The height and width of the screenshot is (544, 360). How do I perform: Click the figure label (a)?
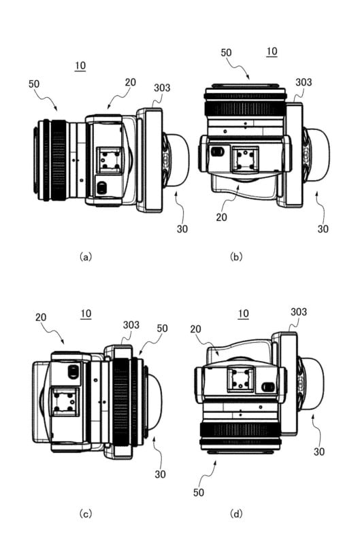click(x=85, y=257)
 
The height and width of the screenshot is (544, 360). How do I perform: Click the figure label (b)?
click(x=236, y=257)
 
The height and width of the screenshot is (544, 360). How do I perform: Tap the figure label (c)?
click(x=85, y=513)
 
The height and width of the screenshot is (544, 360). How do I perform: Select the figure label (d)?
click(x=236, y=513)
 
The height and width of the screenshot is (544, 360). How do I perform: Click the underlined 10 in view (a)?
click(x=80, y=66)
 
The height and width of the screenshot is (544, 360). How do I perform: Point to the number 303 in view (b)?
click(x=304, y=82)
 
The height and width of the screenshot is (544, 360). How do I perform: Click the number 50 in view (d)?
click(x=199, y=492)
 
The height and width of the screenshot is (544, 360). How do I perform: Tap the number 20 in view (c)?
click(x=41, y=317)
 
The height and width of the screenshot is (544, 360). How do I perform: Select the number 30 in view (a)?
click(x=182, y=228)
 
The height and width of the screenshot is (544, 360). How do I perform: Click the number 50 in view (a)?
click(x=34, y=84)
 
